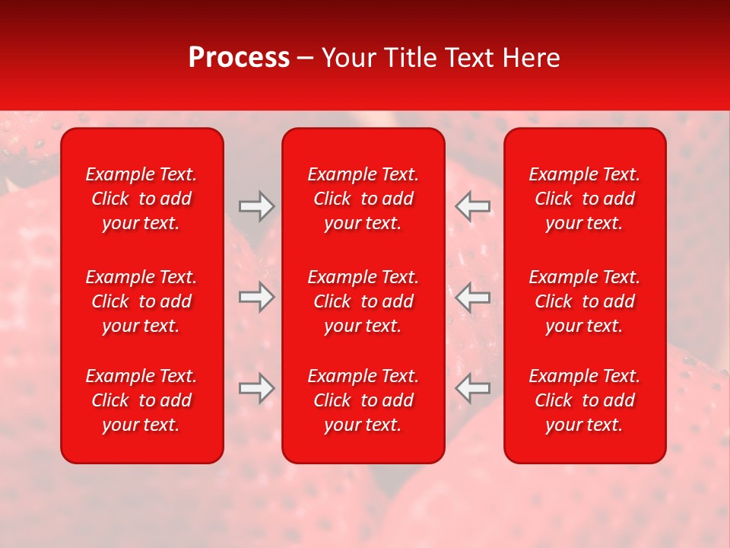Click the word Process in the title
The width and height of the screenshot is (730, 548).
pyautogui.click(x=239, y=58)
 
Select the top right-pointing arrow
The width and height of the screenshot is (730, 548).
pyautogui.click(x=257, y=206)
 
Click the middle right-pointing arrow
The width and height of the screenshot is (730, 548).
pyautogui.click(x=257, y=297)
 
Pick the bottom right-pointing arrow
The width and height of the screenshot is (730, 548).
pyautogui.click(x=257, y=387)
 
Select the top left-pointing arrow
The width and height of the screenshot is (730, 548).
pyautogui.click(x=472, y=206)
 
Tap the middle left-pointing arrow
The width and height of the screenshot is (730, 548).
pyautogui.click(x=472, y=297)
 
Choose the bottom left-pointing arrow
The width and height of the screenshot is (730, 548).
pyautogui.click(x=472, y=387)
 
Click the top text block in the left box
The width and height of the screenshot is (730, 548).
pyautogui.click(x=141, y=199)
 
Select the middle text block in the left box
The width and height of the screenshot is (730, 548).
pyautogui.click(x=141, y=301)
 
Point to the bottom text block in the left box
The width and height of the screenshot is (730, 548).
pyautogui.click(x=141, y=400)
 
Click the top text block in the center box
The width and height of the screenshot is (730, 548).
pyautogui.click(x=363, y=199)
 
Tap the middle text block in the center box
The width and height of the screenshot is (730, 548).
pyautogui.click(x=363, y=301)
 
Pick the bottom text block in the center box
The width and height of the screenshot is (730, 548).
pyautogui.click(x=363, y=400)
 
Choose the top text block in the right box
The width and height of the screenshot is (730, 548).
pyautogui.click(x=584, y=199)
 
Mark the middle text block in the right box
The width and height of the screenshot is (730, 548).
pyautogui.click(x=584, y=301)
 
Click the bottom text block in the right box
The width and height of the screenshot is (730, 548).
pyautogui.click(x=584, y=400)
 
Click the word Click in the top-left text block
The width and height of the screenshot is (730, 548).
pyautogui.click(x=110, y=199)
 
